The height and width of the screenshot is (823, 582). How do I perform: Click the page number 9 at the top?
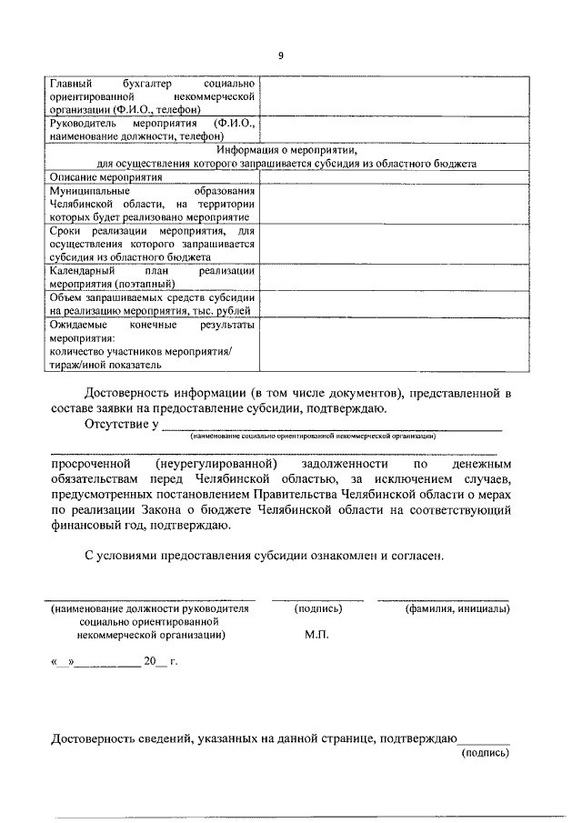(281, 55)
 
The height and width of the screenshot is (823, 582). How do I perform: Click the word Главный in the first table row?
(72, 84)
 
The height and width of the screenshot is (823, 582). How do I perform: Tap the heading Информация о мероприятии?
(287, 151)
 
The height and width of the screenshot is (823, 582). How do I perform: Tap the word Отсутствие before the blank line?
(117, 424)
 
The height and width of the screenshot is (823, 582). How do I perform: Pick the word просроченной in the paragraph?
(92, 463)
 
